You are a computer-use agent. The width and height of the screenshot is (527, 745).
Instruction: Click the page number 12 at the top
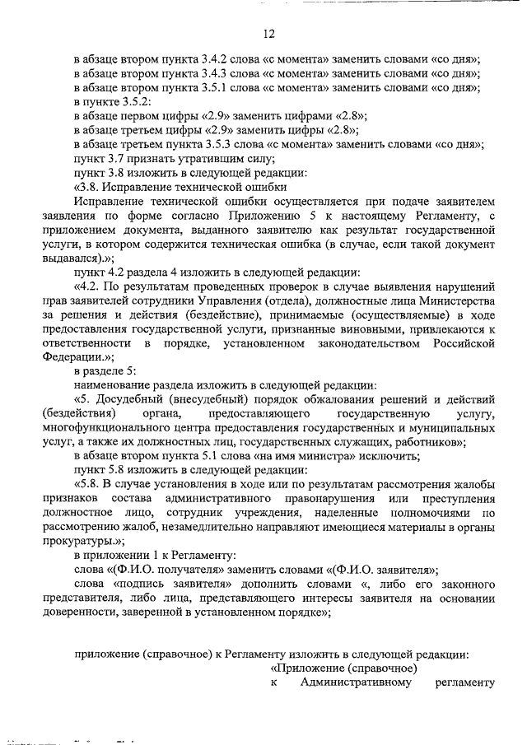[268, 34]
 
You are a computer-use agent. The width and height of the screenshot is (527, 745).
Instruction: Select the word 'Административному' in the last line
[355, 682]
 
